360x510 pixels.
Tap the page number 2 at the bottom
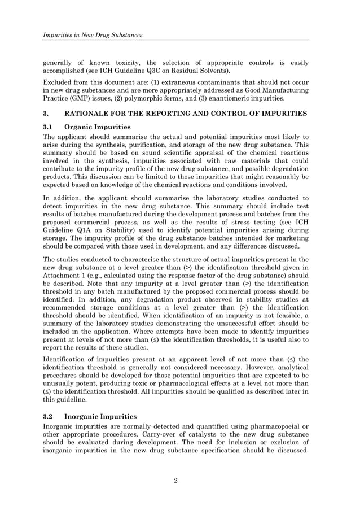(x=176, y=481)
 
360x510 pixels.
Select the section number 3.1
(x=50, y=127)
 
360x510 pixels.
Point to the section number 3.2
(x=50, y=416)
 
